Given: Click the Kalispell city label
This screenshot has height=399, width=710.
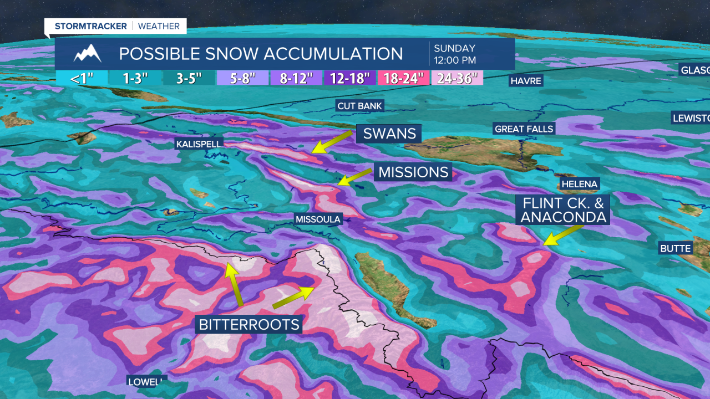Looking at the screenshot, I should [x=199, y=144].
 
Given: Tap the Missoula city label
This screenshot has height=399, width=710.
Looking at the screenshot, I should [x=318, y=219].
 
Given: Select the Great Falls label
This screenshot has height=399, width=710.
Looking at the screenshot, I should [x=524, y=129].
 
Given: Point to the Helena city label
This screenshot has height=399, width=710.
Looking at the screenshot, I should [x=579, y=184].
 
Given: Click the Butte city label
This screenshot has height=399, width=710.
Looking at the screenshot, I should [x=675, y=249].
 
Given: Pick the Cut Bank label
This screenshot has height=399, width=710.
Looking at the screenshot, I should [x=360, y=106].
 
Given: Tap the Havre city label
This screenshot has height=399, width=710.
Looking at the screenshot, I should [x=526, y=81].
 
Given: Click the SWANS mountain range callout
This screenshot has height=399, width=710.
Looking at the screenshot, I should [x=389, y=134].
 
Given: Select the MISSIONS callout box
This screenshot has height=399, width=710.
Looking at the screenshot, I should [x=413, y=172].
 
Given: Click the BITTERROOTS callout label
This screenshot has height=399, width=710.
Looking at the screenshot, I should [x=249, y=324].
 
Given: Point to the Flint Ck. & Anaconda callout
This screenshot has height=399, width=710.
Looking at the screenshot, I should [x=562, y=209].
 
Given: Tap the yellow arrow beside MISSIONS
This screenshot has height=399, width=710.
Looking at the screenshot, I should [x=355, y=177].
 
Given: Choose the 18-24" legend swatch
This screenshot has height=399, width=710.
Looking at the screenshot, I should [x=403, y=78].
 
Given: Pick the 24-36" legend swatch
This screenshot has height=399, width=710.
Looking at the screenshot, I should [x=457, y=78].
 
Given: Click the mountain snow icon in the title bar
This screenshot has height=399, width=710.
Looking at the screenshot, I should [x=88, y=54].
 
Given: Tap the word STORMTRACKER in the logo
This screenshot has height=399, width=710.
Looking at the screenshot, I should [x=91, y=26].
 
